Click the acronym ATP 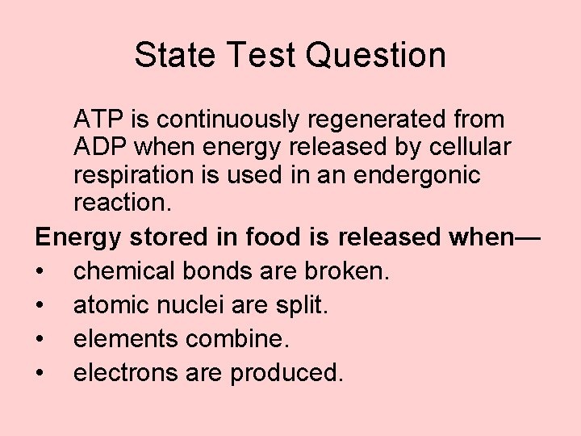(x=96, y=119)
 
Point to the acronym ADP (x=98, y=149)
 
